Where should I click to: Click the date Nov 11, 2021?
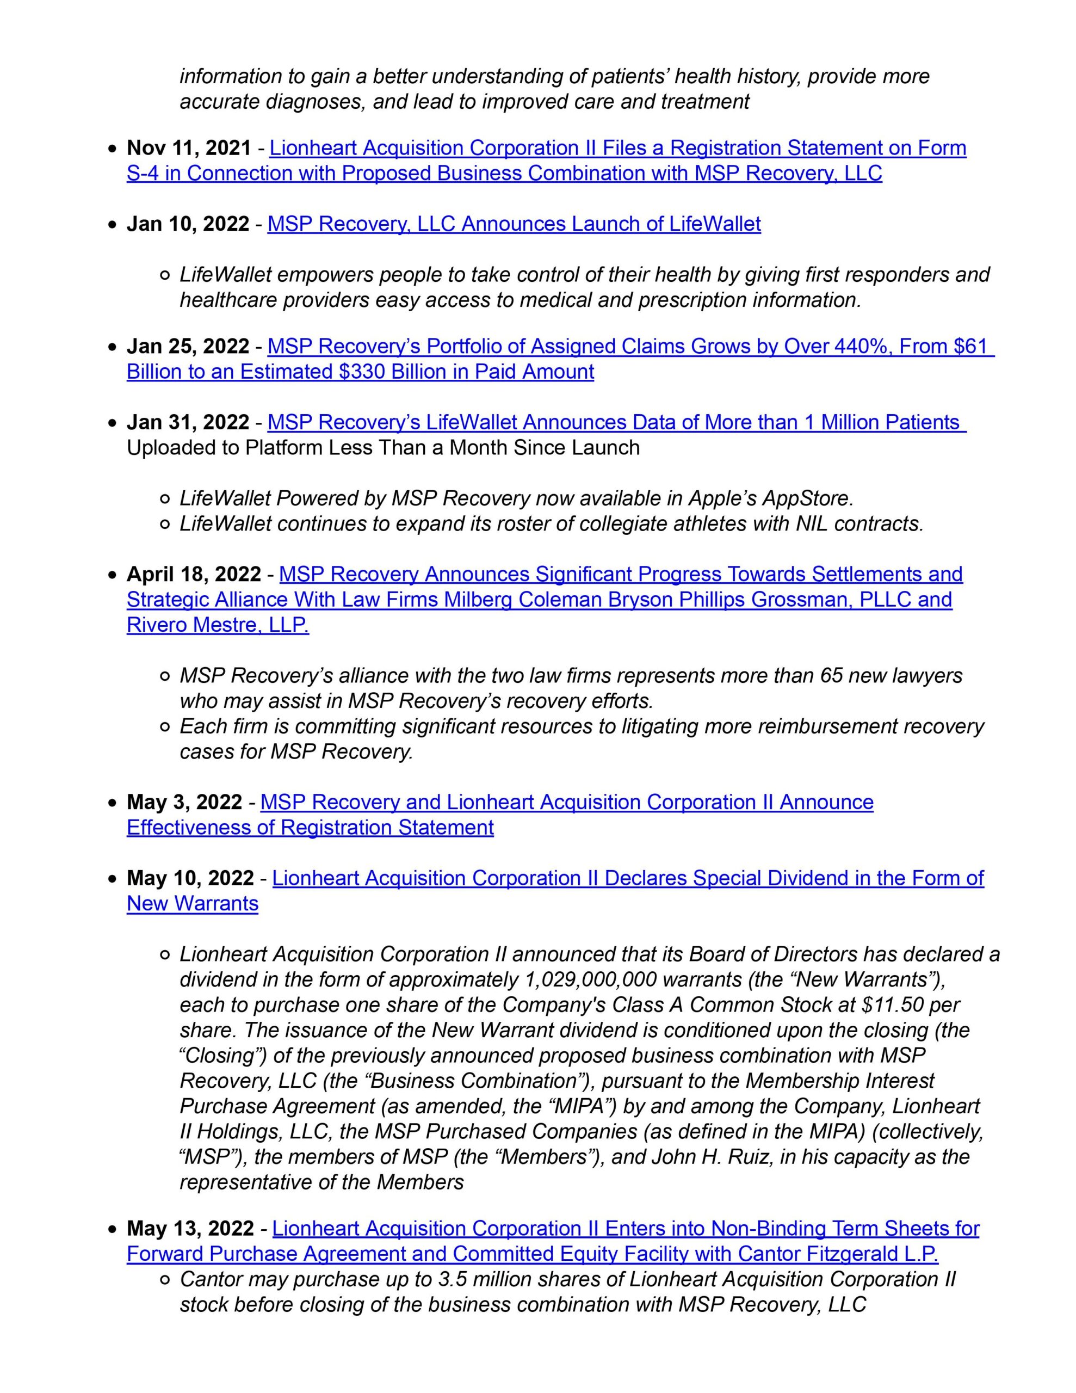tap(189, 148)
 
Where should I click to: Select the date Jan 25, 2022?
tap(188, 346)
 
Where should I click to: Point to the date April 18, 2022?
tap(193, 574)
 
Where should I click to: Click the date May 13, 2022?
tap(190, 1229)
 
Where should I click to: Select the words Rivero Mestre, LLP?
tap(218, 625)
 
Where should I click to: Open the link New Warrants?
tap(192, 904)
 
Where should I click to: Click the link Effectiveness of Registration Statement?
tap(310, 827)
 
